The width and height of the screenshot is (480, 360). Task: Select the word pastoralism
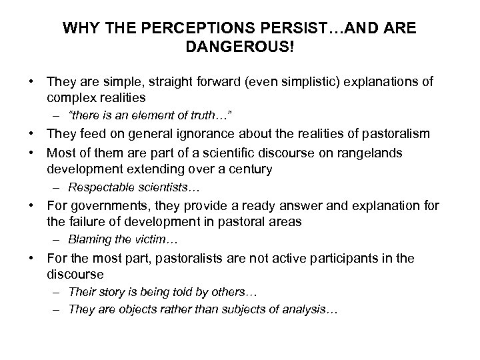pyautogui.click(x=395, y=133)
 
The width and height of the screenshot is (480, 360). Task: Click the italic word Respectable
pyautogui.click(x=98, y=187)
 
